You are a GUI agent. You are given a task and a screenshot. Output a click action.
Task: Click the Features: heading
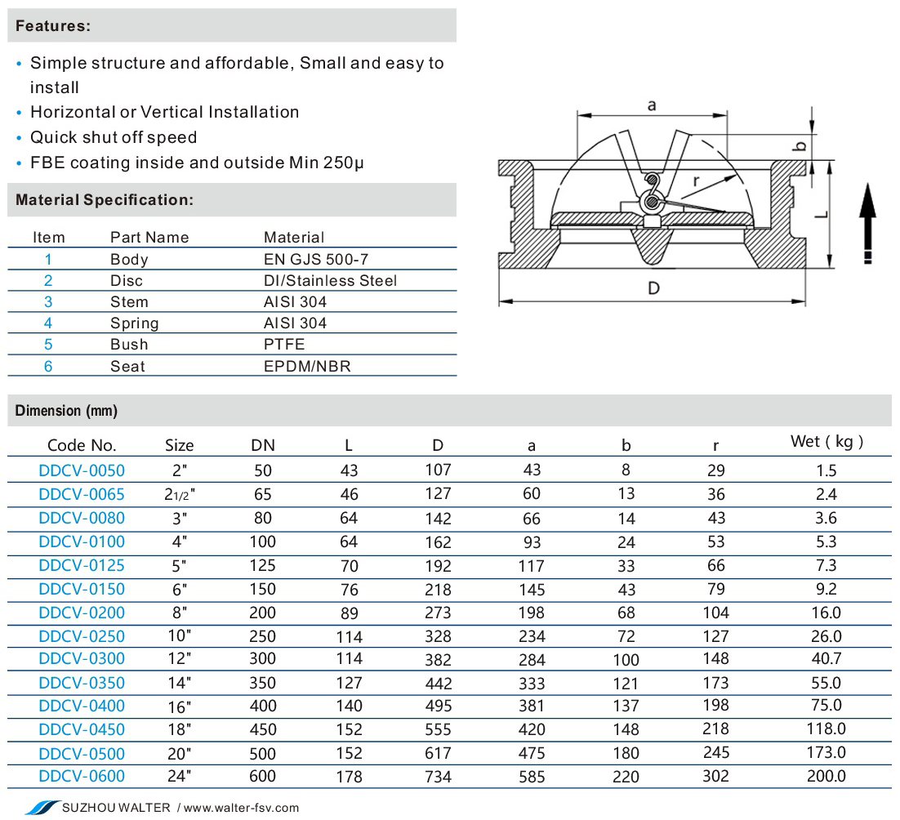(x=53, y=26)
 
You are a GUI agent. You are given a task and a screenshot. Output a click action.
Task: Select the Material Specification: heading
(x=105, y=200)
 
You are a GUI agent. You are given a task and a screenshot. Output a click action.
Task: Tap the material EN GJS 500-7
(x=316, y=260)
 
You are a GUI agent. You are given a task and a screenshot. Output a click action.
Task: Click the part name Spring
(x=134, y=323)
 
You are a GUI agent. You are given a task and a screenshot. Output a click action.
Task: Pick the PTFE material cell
(x=284, y=345)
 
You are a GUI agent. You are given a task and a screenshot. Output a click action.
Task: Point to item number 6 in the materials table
(x=48, y=366)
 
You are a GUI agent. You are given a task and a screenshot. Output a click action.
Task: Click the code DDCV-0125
(x=82, y=565)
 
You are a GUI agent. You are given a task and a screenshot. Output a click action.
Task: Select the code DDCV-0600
(x=82, y=776)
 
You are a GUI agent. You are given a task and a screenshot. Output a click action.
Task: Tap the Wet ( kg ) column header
(x=826, y=441)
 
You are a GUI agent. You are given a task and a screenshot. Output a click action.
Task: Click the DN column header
(x=263, y=445)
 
